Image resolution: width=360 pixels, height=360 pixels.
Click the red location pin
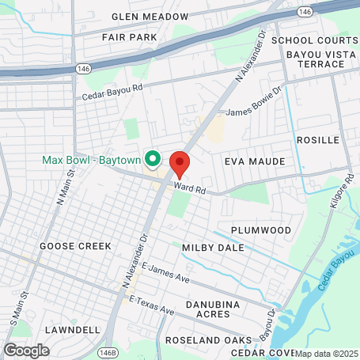[x=180, y=164]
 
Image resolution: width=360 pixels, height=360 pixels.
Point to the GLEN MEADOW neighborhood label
[x=150, y=16]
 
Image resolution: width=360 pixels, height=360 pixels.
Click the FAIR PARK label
[x=130, y=36]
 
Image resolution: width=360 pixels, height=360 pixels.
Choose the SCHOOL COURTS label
[x=314, y=40]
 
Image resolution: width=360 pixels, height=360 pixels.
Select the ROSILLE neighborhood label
[x=316, y=139]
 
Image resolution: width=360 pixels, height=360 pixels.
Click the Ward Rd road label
[x=190, y=189]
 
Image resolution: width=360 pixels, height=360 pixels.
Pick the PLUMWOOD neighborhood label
[x=261, y=229]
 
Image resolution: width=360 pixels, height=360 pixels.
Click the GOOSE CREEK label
[x=75, y=246]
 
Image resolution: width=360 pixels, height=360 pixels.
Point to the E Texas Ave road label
[x=151, y=306]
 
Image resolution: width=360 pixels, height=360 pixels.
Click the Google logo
[x=26, y=350]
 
